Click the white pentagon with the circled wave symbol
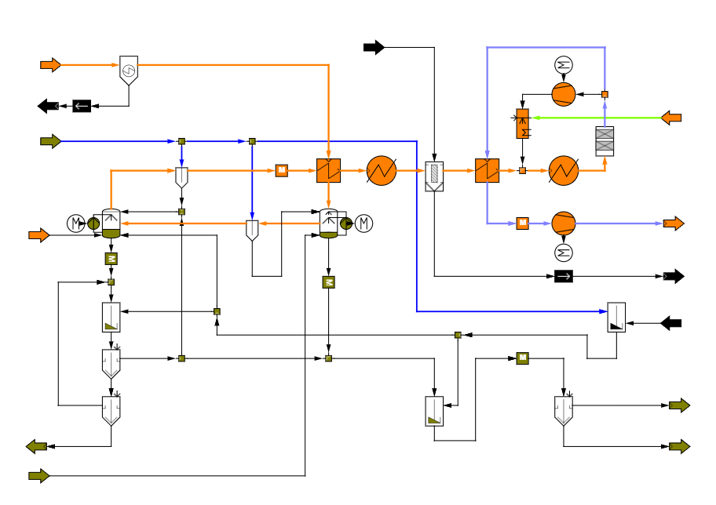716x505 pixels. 129,70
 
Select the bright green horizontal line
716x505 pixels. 597,118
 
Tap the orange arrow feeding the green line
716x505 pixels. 671,118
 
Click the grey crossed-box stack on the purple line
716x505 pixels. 605,141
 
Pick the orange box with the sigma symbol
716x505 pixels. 523,124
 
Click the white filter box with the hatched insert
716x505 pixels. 434,176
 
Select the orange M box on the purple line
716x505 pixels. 522,223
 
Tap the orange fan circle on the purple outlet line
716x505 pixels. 564,223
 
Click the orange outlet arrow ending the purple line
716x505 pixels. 674,223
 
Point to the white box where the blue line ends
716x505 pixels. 616,318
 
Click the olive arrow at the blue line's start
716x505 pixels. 50,141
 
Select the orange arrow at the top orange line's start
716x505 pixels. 50,65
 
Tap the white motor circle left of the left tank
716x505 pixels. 76,223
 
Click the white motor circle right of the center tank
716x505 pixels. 363,223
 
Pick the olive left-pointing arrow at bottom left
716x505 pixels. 37,446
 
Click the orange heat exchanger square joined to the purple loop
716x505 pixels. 487,170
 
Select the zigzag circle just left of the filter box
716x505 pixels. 382,170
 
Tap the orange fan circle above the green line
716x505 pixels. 564,94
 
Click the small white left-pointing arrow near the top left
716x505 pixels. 82,106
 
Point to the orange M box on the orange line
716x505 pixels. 282,170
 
